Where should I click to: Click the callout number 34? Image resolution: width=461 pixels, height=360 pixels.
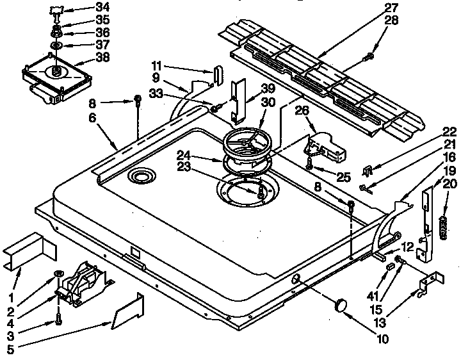point(102,8)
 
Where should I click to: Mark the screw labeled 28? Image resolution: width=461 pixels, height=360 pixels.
point(369,58)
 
